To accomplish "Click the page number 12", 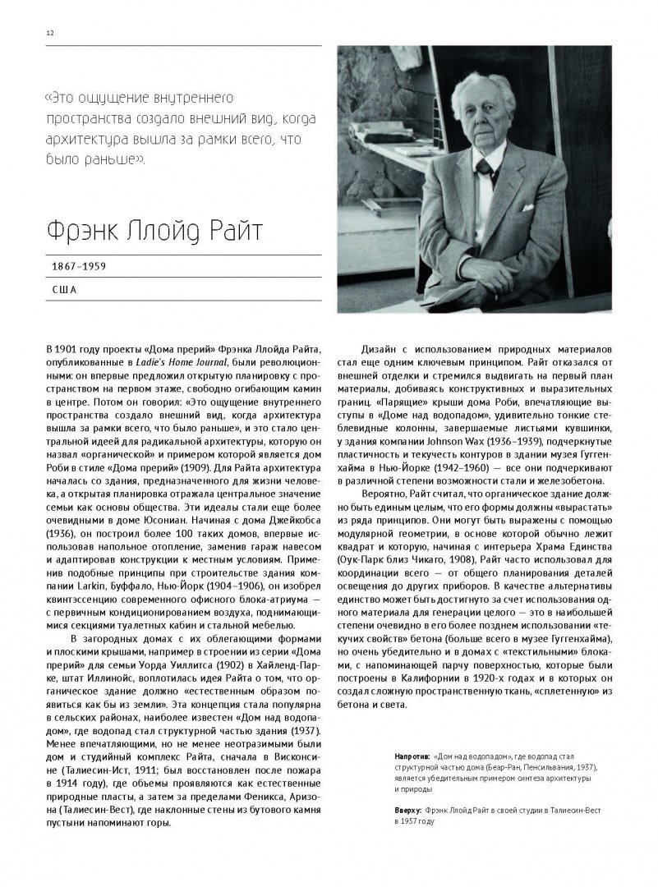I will (x=50, y=33).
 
